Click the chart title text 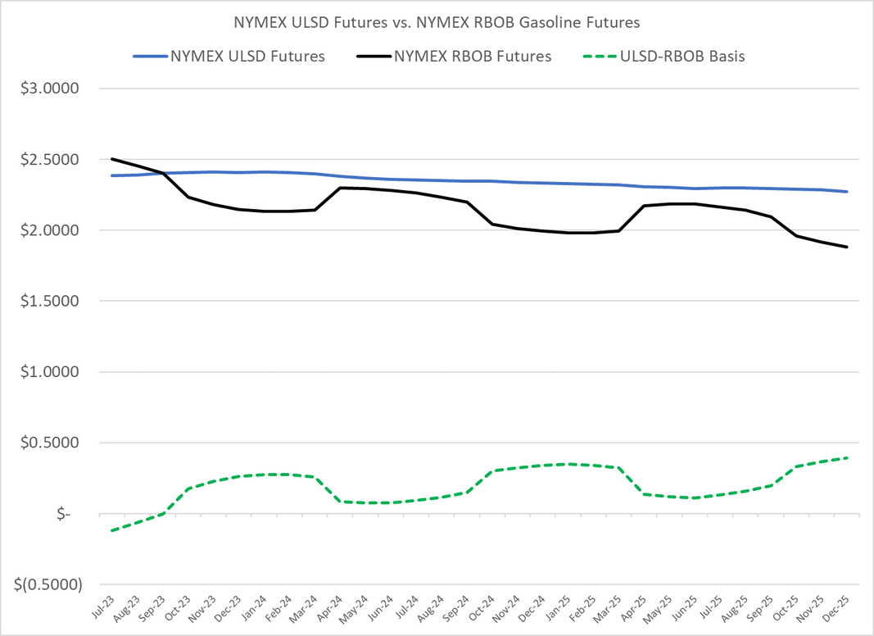437,23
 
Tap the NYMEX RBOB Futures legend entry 472,57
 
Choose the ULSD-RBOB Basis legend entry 682,57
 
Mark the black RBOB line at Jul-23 112,159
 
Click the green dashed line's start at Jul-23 112,530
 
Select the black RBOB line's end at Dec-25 847,247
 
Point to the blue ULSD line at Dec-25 847,192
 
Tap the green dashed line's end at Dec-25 847,458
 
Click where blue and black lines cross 163,173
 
